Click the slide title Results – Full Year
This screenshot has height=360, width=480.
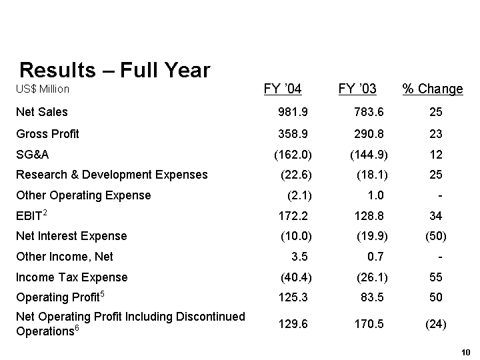[x=115, y=70]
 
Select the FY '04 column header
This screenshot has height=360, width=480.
[x=283, y=89]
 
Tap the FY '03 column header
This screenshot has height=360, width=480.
[x=357, y=89]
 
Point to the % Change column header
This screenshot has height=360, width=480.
[x=433, y=89]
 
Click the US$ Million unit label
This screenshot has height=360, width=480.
[x=43, y=89]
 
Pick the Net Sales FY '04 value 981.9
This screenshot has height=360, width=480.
[x=293, y=113]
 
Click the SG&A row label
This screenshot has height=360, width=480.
[x=32, y=155]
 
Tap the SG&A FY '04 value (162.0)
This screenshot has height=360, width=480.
[x=293, y=155]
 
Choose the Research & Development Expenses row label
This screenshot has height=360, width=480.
[x=111, y=175]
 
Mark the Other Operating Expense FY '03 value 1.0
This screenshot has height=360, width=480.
[x=375, y=196]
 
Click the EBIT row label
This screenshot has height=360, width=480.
[x=31, y=216]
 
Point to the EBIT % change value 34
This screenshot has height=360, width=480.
[x=436, y=217]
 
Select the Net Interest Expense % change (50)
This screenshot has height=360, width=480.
[x=435, y=237]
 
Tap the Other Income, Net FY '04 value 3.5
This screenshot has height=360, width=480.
[x=299, y=257]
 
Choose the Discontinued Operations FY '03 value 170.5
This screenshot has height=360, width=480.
[x=369, y=325]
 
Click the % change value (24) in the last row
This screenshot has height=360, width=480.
[x=435, y=325]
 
